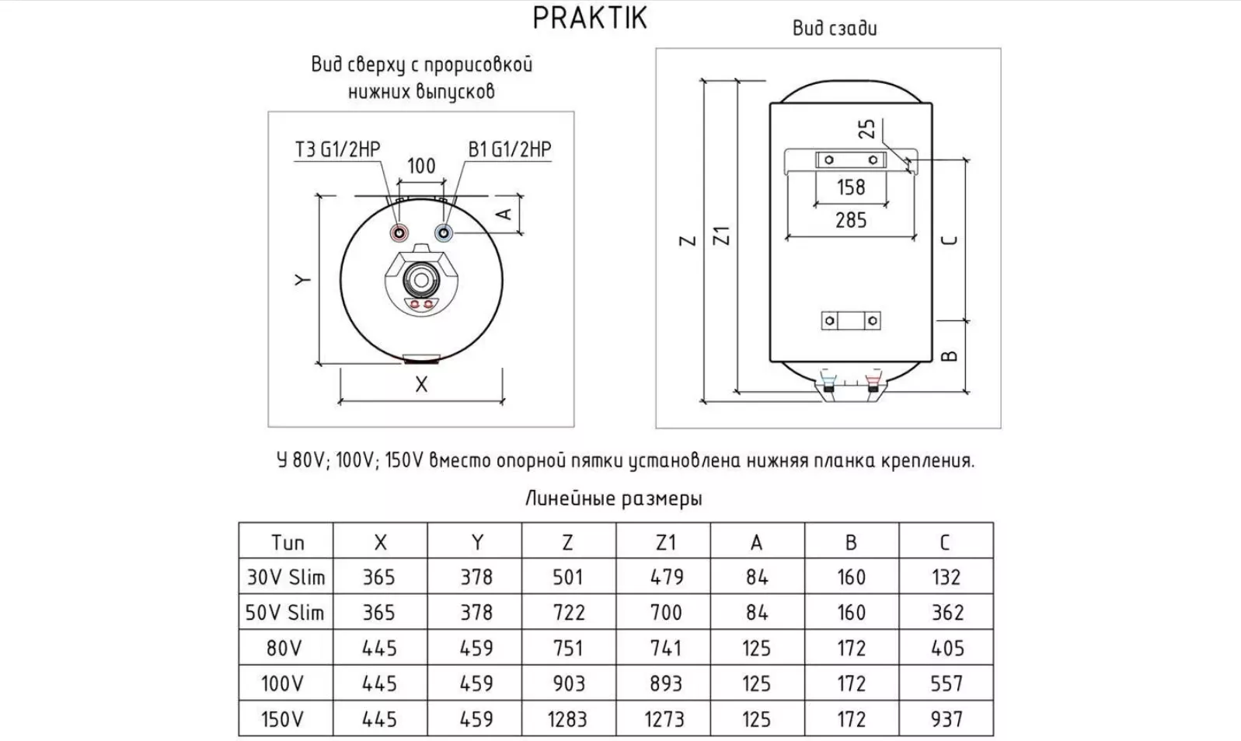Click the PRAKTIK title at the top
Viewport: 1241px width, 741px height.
click(x=590, y=18)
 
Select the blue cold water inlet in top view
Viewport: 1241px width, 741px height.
click(x=444, y=232)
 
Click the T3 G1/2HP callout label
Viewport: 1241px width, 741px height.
click(x=338, y=149)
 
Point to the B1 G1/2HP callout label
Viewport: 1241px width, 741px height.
click(x=510, y=149)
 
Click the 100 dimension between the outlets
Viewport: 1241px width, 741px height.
click(x=421, y=166)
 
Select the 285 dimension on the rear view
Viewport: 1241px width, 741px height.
click(x=851, y=221)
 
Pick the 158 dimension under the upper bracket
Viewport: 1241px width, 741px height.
click(x=851, y=187)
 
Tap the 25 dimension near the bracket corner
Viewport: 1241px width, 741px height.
click(x=867, y=128)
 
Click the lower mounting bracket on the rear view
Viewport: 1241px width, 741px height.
click(x=851, y=320)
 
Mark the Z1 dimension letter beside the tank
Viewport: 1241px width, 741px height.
click(x=722, y=236)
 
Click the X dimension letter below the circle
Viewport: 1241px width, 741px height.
click(x=421, y=384)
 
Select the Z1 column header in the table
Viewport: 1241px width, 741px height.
click(x=665, y=542)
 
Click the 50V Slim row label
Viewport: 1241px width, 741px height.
click(x=285, y=613)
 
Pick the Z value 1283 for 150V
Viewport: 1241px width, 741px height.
click(x=567, y=719)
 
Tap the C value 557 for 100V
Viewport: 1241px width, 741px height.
click(x=946, y=683)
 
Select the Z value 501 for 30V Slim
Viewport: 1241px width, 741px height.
click(x=567, y=577)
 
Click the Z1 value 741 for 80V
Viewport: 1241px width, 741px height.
click(x=665, y=648)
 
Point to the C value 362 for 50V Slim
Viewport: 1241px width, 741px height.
click(x=946, y=613)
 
